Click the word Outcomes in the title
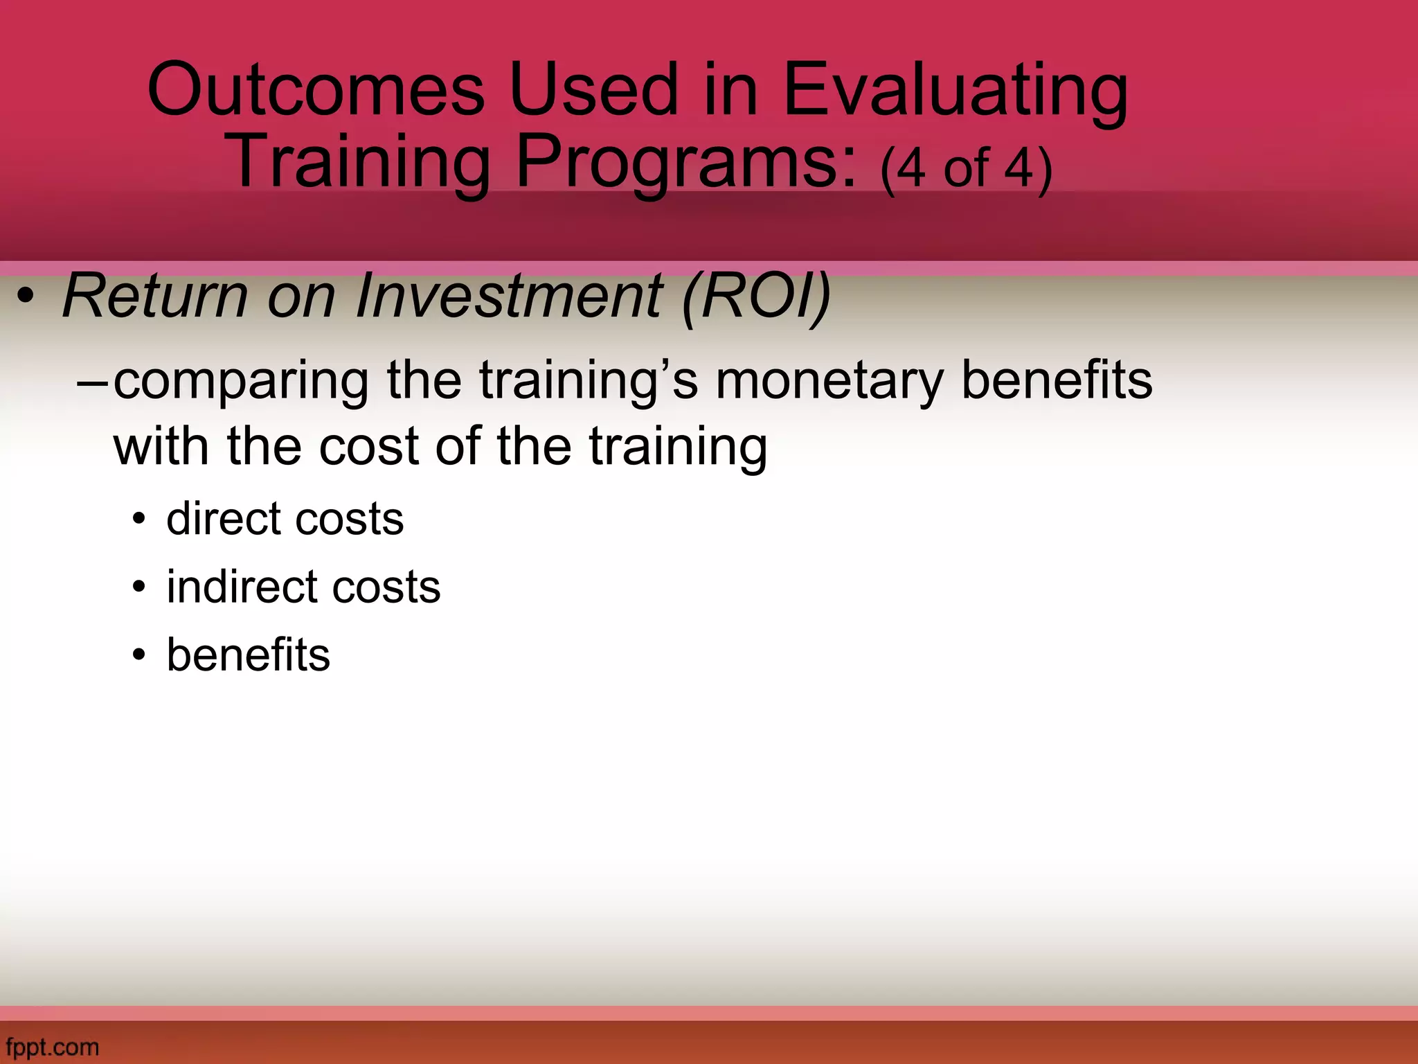coord(316,90)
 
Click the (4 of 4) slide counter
coord(966,168)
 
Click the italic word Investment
coord(509,296)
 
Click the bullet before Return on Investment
coord(26,299)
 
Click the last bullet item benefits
coord(248,655)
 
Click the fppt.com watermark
coord(52,1047)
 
